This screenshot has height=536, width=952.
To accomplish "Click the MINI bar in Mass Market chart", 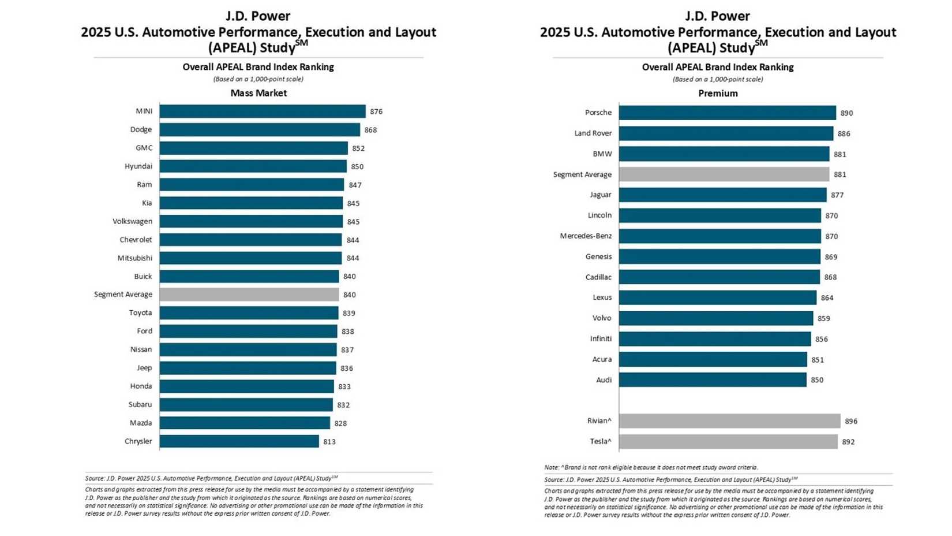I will pos(263,111).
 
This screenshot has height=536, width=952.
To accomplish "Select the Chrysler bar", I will pos(239,442).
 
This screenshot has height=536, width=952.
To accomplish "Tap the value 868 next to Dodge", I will pos(370,130).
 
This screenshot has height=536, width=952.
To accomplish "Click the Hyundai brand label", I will pos(138,166).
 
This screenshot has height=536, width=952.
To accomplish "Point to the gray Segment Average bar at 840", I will pos(249,295).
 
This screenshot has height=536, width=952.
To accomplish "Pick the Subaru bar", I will pos(246,405).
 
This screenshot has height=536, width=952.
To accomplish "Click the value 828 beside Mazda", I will pos(340,423).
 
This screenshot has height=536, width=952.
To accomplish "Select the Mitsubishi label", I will pos(135,258).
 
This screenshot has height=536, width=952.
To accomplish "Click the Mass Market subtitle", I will pos(258,93).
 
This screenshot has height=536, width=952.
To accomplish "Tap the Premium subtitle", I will pos(718,94).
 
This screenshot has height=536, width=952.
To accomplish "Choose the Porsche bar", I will pos(727,113).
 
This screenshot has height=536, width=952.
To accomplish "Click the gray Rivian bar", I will pos(729,421).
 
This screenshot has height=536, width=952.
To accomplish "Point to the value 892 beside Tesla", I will pos(848,442).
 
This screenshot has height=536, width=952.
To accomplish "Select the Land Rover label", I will pos(593,133).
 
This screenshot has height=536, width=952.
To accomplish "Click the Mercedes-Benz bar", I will pos(719,236).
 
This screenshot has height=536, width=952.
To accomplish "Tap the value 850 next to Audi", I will pos(817,380).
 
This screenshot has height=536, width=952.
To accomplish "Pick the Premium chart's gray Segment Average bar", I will pos(724,174).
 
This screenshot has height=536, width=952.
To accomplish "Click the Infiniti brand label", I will pos(601,339).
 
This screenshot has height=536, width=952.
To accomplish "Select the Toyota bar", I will pos(249,313).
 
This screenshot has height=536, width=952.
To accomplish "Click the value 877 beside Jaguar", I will pos(837,195).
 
